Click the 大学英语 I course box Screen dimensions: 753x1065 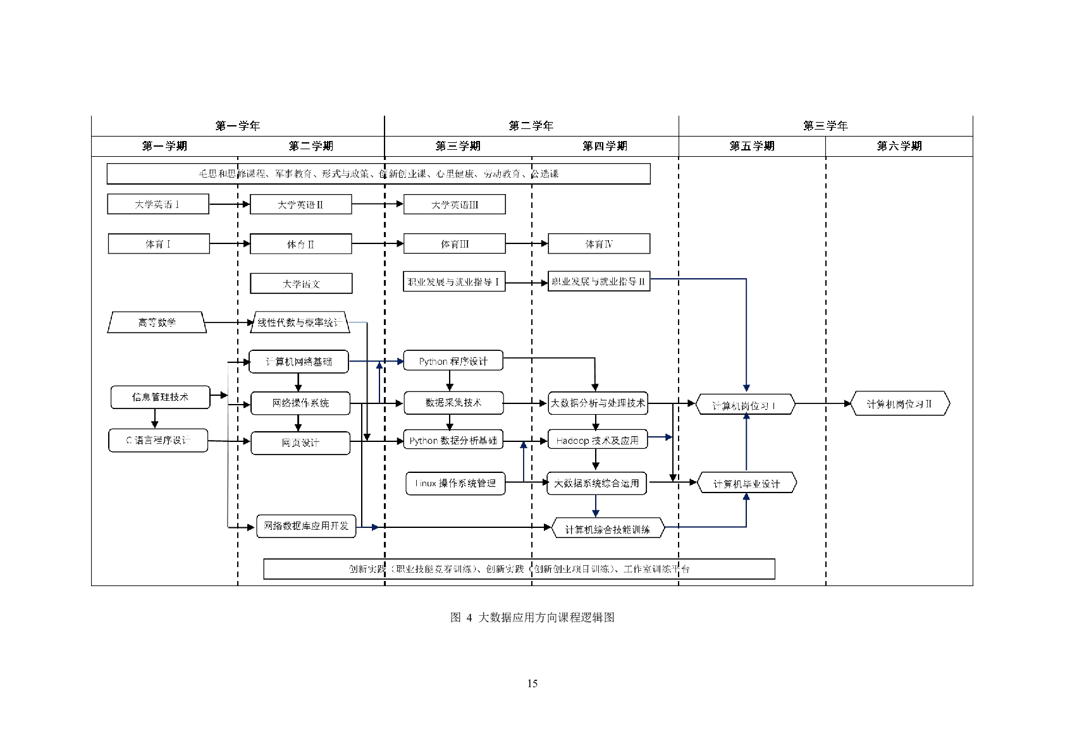coord(158,204)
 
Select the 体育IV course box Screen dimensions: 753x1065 coord(599,243)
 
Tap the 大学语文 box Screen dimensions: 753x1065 coord(301,284)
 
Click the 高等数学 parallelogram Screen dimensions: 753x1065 coord(157,322)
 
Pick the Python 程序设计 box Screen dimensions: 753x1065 coord(453,361)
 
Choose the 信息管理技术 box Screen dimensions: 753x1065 coord(160,397)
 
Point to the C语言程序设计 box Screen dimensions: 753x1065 coord(158,440)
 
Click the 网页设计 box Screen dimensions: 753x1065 coord(300,443)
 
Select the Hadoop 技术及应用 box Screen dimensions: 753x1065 coord(598,440)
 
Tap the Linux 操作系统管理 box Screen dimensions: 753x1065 coord(455,484)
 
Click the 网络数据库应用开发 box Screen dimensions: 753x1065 coord(306,526)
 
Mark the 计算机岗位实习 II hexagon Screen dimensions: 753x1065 coord(899,403)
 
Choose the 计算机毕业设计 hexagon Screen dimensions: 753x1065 coord(746,484)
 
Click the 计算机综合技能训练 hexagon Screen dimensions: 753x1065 coord(608,529)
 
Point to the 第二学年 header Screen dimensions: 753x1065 coord(531,126)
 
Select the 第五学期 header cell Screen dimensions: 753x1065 coord(752,146)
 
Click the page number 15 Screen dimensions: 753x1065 coord(532,683)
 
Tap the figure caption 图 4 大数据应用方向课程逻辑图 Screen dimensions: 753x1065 coord(532,618)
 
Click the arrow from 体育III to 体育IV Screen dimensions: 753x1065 coord(527,243)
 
